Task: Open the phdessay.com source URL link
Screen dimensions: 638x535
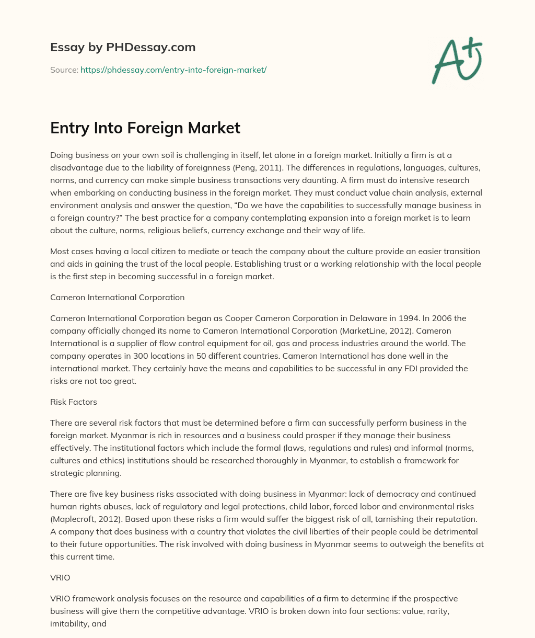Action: pos(173,70)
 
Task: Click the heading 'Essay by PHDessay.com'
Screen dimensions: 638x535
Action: pos(123,47)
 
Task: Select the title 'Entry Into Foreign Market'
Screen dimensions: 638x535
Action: pos(145,128)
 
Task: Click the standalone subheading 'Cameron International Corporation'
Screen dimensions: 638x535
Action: pos(117,297)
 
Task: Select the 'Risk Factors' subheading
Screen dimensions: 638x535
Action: pos(73,402)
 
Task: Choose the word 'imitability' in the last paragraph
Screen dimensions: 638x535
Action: pos(71,623)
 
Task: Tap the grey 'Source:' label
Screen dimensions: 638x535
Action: pos(64,70)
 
